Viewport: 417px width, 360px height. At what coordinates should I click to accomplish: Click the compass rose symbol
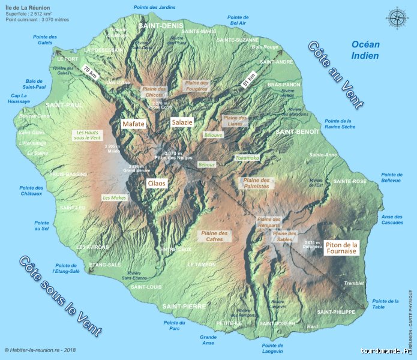(397, 18)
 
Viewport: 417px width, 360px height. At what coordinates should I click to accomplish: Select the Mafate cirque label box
(134, 124)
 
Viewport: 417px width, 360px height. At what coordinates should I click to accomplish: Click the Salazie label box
(182, 122)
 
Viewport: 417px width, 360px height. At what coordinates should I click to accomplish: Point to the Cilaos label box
(156, 184)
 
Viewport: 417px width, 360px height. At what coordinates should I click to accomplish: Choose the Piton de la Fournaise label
(341, 248)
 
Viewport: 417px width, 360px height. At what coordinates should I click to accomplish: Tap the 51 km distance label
(248, 81)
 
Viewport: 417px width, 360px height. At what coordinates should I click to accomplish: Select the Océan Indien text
(365, 50)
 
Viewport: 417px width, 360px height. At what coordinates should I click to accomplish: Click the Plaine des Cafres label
(214, 236)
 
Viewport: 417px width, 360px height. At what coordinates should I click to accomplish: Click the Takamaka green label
(247, 158)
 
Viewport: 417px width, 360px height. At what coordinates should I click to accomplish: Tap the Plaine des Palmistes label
(256, 183)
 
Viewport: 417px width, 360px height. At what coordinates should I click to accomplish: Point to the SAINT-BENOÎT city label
(296, 131)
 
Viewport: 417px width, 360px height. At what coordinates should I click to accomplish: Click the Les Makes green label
(114, 197)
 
